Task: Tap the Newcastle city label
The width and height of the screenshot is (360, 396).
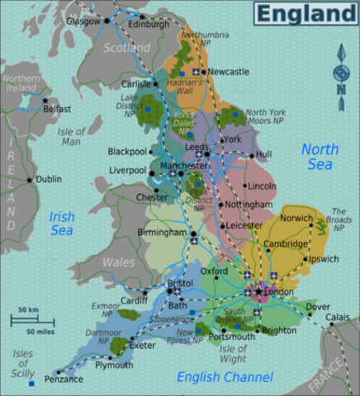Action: pos(229,72)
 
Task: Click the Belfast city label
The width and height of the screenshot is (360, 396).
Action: pos(57,108)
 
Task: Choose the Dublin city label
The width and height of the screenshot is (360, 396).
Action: pos(49,178)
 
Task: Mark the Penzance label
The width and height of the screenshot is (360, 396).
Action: pos(64,379)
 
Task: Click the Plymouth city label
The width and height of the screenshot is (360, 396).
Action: pos(113,365)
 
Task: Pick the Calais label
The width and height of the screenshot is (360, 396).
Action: pos(338,317)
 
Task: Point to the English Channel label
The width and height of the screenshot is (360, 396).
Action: pos(225,377)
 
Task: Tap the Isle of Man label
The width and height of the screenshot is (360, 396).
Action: pos(71,136)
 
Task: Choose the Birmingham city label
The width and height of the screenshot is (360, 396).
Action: pos(161,233)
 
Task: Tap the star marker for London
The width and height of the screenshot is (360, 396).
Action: pos(258,291)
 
